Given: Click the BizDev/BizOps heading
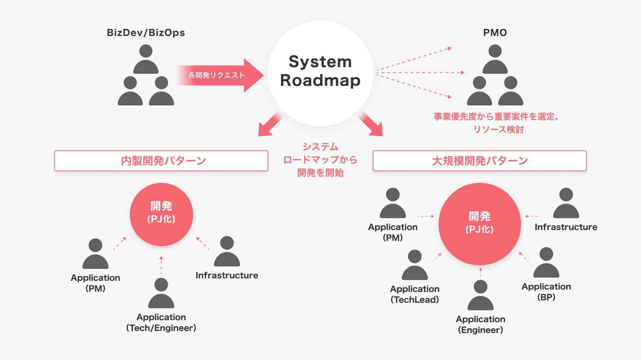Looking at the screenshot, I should (x=146, y=33).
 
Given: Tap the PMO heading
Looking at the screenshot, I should (x=495, y=33).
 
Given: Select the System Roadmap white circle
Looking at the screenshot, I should (x=320, y=72).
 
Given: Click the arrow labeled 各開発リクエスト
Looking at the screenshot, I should (x=220, y=75).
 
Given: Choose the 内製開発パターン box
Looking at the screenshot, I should (x=161, y=161).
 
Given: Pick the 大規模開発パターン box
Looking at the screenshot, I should (x=479, y=161).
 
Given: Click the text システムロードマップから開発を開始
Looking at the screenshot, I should (x=320, y=160).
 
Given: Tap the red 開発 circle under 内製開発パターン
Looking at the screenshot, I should (x=161, y=214).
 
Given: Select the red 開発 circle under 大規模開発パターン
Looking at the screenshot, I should (x=479, y=224).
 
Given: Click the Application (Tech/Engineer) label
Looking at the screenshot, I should (x=161, y=323).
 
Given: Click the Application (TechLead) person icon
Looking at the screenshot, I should (x=414, y=265).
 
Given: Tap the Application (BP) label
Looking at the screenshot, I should (x=546, y=292).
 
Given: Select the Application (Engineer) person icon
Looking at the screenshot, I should (x=480, y=296).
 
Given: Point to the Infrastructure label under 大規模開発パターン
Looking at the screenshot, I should (x=566, y=227).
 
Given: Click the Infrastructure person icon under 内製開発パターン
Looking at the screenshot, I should (x=227, y=252).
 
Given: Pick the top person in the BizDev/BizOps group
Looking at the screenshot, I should (x=145, y=59).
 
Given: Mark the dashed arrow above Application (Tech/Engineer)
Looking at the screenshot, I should (x=161, y=265).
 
